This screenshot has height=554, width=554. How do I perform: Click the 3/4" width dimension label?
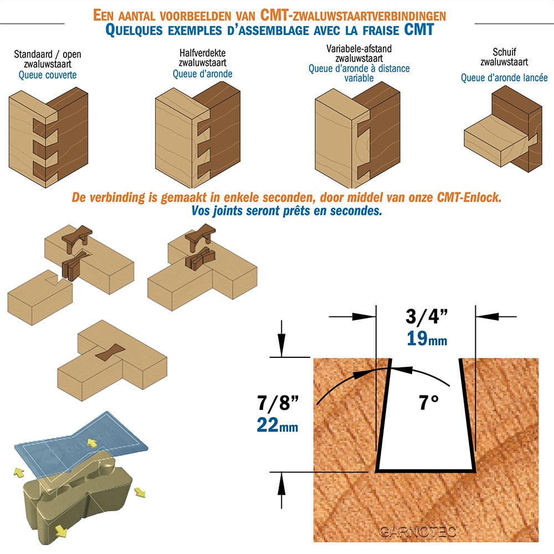(x=427, y=316)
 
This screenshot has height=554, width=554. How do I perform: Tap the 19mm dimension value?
(x=427, y=338)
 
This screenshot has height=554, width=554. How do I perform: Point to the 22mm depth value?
(x=278, y=425)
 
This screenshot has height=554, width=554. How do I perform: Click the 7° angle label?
(x=429, y=403)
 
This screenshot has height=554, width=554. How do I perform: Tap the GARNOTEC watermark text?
(x=418, y=531)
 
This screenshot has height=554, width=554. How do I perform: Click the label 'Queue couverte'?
(x=48, y=75)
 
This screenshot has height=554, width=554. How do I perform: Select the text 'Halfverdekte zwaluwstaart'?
(x=202, y=58)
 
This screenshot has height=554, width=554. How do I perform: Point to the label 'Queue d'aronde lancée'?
(x=504, y=78)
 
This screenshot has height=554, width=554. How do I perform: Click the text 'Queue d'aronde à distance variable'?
(x=359, y=73)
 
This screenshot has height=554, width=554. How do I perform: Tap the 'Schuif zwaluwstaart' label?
(x=504, y=57)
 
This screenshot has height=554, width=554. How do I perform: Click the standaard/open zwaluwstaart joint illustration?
(x=48, y=137)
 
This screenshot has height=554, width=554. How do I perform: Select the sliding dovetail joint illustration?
(x=503, y=129)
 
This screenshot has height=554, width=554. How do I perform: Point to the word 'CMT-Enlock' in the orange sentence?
(x=469, y=197)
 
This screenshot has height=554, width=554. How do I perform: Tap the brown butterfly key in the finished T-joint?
(x=110, y=353)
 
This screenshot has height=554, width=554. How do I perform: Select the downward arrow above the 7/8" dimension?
(x=281, y=338)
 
